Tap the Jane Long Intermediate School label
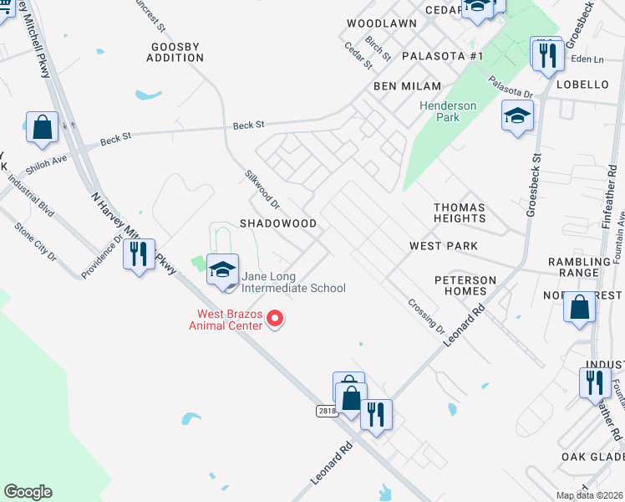[293, 282]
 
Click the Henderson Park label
[448, 111]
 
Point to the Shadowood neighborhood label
[278, 224]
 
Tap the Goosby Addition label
[175, 52]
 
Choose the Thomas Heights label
[460, 213]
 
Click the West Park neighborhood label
[443, 246]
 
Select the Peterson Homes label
[460, 284]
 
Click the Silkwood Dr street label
[261, 190]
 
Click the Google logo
[28, 492]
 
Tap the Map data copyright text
[589, 495]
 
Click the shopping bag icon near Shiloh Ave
[42, 128]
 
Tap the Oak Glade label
[594, 456]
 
